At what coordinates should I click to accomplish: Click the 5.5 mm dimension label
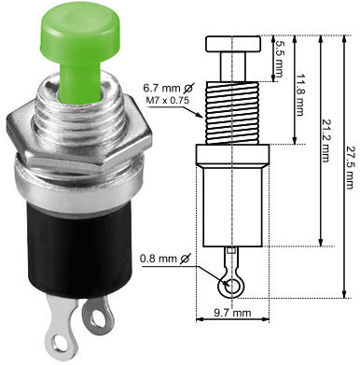[277, 45]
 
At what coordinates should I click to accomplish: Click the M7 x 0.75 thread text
[168, 96]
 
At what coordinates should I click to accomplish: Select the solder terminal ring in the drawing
[227, 284]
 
